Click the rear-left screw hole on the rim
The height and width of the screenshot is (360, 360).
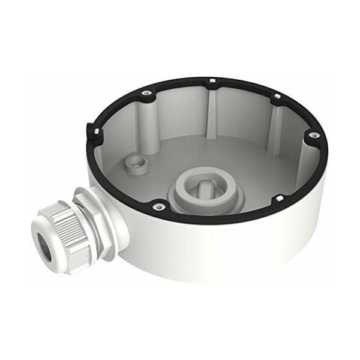[x=145, y=92]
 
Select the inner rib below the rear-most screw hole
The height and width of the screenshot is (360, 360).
[x=212, y=108]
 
